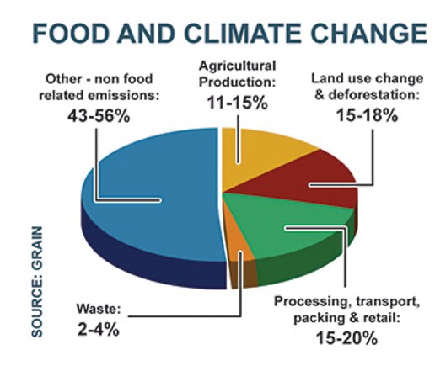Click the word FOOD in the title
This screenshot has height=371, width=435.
[71, 34]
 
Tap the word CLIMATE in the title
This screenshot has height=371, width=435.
[244, 34]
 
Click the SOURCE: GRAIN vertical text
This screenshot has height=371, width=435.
[37, 282]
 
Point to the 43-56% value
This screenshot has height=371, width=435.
[99, 115]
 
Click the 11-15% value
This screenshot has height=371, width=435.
[238, 103]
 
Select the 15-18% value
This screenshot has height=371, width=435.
[367, 115]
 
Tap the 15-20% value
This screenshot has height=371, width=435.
[346, 337]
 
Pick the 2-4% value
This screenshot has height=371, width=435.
[99, 329]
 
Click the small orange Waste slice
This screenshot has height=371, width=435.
[236, 241]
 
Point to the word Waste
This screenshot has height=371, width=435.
[99, 309]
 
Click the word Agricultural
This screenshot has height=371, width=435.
[238, 66]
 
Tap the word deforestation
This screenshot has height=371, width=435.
[374, 95]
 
